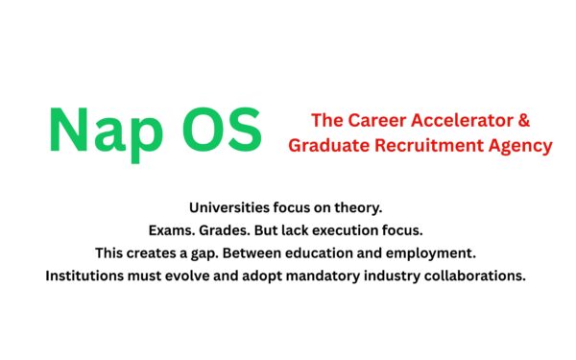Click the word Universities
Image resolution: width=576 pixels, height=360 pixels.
[x=228, y=207]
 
